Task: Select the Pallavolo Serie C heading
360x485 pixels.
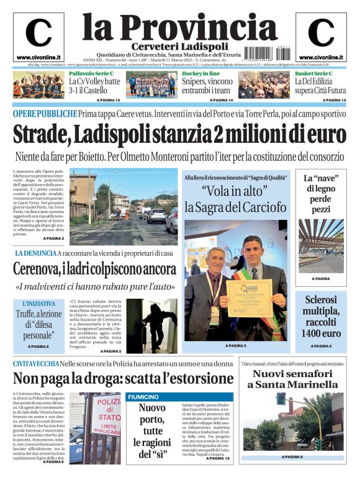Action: [91, 73]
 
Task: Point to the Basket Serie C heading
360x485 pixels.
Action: [313, 73]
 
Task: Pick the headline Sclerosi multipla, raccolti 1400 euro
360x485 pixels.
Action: [321, 316]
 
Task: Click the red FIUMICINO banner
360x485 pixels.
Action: [146, 396]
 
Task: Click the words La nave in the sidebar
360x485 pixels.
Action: [320, 178]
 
